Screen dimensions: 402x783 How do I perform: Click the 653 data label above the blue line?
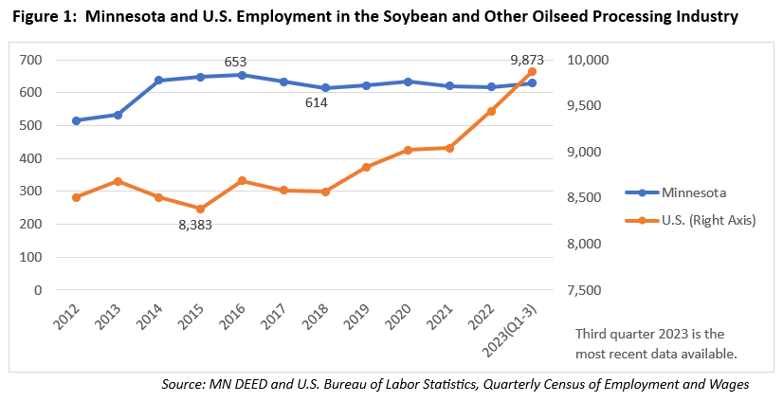point(235,61)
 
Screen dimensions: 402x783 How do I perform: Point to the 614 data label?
point(316,102)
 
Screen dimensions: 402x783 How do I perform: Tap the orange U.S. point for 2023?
point(533,71)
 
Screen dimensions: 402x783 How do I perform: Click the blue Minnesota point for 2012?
point(76,120)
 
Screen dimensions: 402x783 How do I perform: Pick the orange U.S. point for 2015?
point(200,209)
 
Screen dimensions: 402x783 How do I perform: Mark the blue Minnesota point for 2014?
point(158,81)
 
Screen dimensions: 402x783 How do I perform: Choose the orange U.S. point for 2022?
point(491,111)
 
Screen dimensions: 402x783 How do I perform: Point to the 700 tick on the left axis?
point(31,60)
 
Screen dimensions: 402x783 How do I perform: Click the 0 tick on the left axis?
point(38,290)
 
